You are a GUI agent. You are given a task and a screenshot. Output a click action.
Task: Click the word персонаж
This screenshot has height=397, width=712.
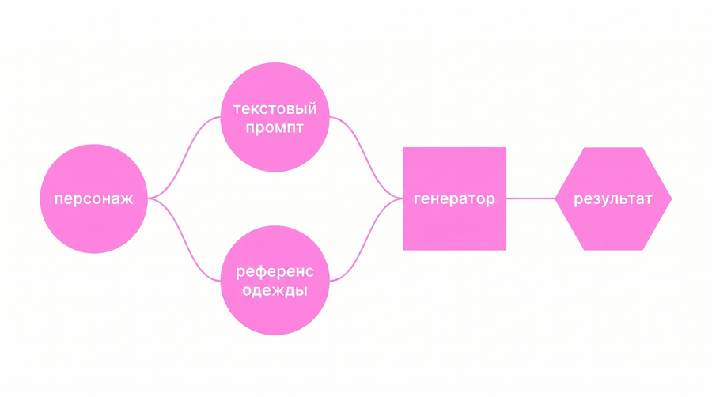pyautogui.click(x=93, y=199)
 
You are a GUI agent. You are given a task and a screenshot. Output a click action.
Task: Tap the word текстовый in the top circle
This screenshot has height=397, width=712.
pyautogui.click(x=275, y=109)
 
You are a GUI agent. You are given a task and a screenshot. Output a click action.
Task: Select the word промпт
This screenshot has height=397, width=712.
pyautogui.click(x=275, y=127)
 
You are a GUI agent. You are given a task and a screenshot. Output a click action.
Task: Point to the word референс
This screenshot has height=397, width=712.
pyautogui.click(x=275, y=271)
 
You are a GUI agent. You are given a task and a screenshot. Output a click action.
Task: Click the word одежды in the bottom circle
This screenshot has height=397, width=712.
pyautogui.click(x=275, y=290)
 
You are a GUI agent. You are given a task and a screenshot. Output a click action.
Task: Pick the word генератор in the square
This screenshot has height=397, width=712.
pyautogui.click(x=454, y=199)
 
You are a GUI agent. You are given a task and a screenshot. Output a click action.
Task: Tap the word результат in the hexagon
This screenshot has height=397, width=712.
pyautogui.click(x=613, y=199)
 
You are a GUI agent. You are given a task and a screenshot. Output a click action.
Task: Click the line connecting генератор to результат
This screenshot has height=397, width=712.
pyautogui.click(x=531, y=198)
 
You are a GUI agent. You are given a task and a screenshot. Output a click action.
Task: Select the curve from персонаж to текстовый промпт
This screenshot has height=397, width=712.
pyautogui.click(x=184, y=157)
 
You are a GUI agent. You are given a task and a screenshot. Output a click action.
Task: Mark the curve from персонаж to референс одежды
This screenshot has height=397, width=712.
pyautogui.click(x=184, y=240)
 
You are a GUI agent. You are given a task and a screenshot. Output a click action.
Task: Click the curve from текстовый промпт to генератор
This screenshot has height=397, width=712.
pyautogui.click(x=366, y=157)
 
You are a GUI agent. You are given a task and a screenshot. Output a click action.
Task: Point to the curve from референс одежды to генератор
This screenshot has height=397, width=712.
pyautogui.click(x=366, y=240)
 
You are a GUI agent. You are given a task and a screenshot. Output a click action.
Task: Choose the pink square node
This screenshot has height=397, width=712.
pyautogui.click(x=455, y=198)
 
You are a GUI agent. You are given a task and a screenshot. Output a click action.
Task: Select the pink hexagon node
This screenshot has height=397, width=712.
pyautogui.click(x=613, y=198)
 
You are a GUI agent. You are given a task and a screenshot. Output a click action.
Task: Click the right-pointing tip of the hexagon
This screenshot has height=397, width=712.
pyautogui.click(x=672, y=198)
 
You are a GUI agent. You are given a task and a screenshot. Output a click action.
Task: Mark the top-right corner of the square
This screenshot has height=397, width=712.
pyautogui.click(x=506, y=147)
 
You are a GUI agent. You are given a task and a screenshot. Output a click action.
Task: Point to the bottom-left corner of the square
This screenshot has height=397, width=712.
pyautogui.click(x=403, y=250)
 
